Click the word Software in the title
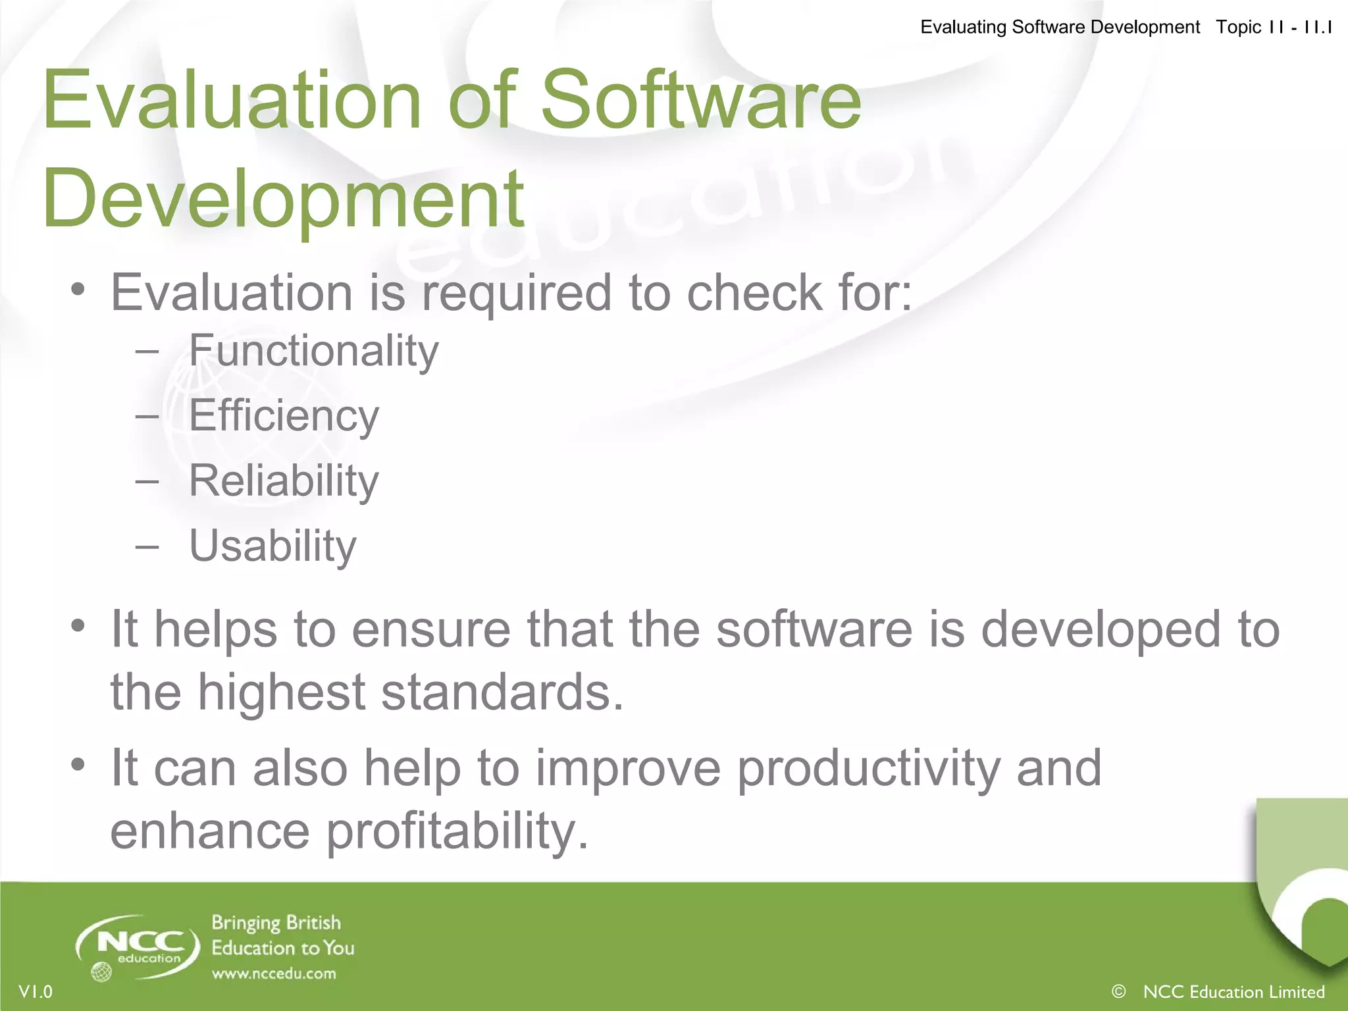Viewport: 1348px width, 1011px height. tap(701, 100)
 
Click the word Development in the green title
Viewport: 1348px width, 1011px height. tap(283, 197)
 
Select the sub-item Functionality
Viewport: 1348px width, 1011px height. tap(313, 351)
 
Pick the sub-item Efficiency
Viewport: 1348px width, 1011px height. tap(284, 416)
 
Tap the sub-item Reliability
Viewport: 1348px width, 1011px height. tap(284, 480)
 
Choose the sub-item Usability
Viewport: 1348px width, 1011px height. tap(272, 546)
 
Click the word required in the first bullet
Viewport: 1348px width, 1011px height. tap(517, 292)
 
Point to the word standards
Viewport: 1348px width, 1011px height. tap(502, 692)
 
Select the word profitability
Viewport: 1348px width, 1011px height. tap(457, 831)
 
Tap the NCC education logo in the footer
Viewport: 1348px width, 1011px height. tap(139, 945)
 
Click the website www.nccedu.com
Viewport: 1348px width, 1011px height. tap(274, 973)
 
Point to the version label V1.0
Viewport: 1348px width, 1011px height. tap(36, 992)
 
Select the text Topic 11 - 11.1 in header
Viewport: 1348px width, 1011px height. tap(1274, 27)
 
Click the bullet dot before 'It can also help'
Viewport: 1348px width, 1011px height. tap(78, 765)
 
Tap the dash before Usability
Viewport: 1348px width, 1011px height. tap(147, 546)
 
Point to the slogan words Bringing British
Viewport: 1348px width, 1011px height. tap(276, 923)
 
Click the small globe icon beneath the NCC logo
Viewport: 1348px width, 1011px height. tap(101, 972)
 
